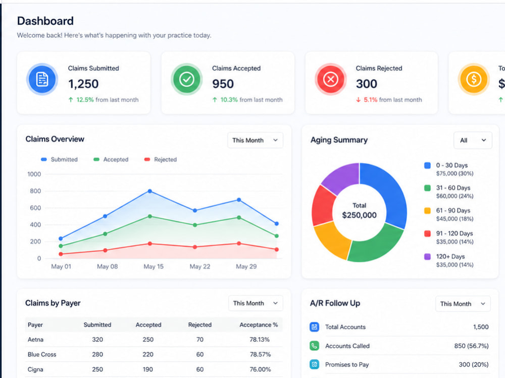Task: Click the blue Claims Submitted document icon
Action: (x=42, y=79)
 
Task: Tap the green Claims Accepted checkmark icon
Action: (x=186, y=79)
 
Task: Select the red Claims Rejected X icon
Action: (x=330, y=79)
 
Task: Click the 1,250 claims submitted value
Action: (x=83, y=84)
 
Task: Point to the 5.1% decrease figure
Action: (x=370, y=100)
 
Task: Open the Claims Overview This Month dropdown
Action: (x=255, y=140)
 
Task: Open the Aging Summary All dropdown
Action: (x=473, y=140)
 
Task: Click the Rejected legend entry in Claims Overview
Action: (x=161, y=159)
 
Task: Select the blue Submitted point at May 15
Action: (x=150, y=191)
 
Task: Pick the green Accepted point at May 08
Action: (x=105, y=234)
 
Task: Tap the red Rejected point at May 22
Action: (x=195, y=247)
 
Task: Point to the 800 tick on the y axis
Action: (x=35, y=191)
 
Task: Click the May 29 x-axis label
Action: (x=246, y=267)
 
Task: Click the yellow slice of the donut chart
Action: (x=331, y=239)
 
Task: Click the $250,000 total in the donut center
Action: (x=359, y=215)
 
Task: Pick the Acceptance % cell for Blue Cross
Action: (x=260, y=354)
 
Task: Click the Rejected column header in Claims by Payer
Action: (x=199, y=325)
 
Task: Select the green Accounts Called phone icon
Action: (x=314, y=346)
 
